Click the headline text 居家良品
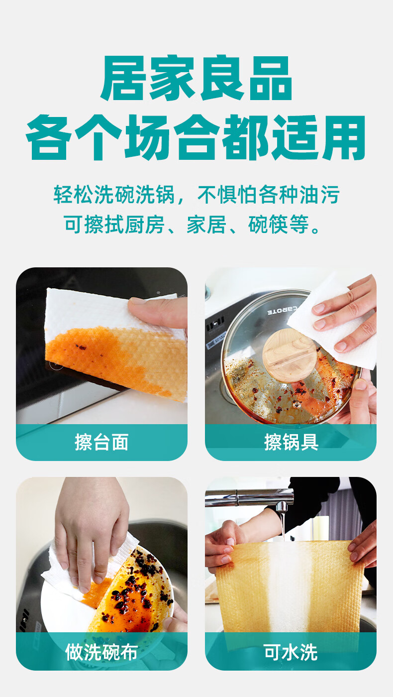tap(196, 78)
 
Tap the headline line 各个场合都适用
tap(196, 137)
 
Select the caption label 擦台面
tap(101, 442)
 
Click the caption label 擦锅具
tap(291, 442)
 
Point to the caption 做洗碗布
tap(101, 652)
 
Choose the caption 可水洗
tap(291, 652)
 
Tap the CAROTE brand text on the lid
tap(283, 310)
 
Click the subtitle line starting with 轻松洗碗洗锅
tap(196, 195)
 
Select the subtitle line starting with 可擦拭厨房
tap(192, 224)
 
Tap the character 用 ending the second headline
tap(344, 137)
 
